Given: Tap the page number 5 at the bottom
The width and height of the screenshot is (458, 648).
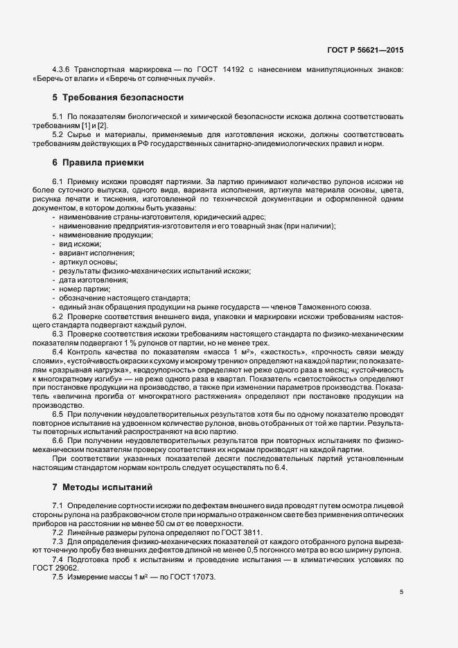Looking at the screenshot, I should click(401, 592).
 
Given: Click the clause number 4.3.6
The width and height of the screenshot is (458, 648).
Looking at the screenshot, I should click(64, 69).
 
